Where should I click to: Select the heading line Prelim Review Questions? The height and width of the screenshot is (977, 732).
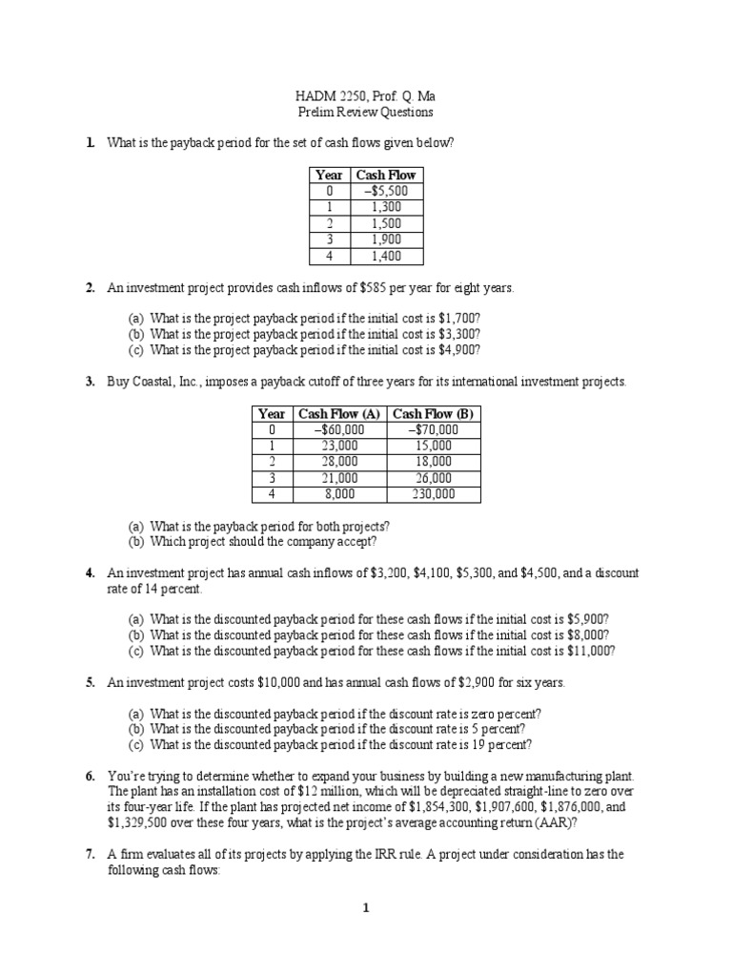[365, 112]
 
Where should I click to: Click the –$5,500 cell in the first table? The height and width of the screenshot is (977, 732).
[386, 191]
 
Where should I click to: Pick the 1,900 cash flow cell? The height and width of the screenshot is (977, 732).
[386, 239]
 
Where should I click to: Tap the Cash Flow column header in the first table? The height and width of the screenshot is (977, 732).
[386, 175]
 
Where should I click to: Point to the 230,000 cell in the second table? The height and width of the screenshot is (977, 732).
[434, 494]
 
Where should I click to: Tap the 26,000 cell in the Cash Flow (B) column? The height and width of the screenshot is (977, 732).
[434, 478]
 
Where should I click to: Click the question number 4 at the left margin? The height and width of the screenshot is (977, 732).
[89, 573]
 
